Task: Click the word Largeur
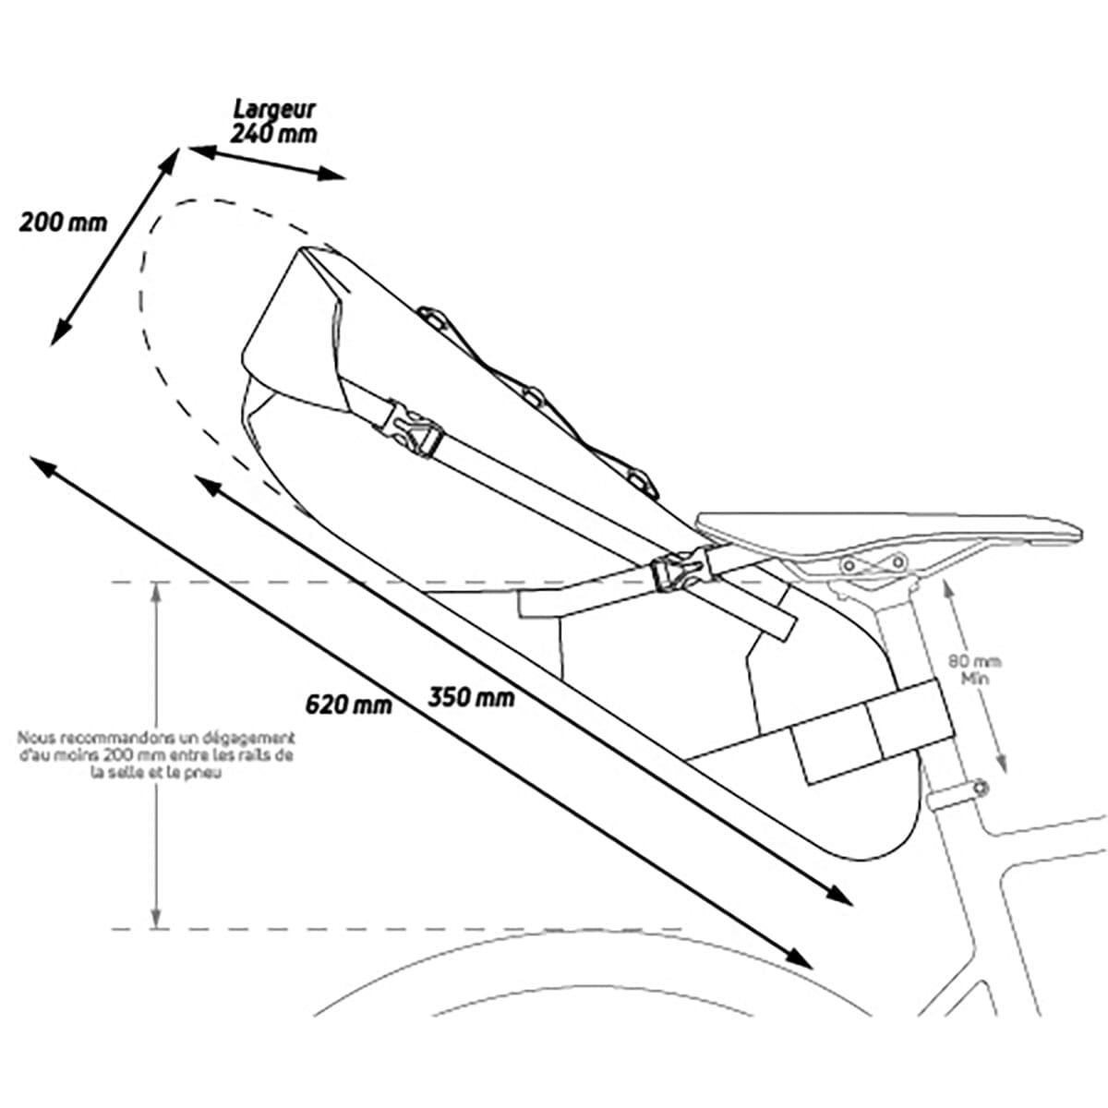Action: (274, 110)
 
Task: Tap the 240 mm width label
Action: (273, 134)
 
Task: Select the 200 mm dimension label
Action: (64, 223)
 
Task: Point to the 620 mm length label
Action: (348, 705)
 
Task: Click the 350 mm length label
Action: (472, 697)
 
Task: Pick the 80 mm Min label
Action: (975, 669)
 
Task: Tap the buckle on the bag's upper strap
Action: (409, 430)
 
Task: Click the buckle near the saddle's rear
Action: (683, 570)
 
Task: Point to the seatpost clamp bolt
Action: (981, 788)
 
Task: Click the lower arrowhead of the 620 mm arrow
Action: (800, 958)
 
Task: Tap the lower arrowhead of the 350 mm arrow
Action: (838, 895)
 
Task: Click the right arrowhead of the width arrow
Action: (331, 173)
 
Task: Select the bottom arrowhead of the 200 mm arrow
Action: (59, 332)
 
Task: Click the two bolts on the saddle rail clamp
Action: (873, 563)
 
